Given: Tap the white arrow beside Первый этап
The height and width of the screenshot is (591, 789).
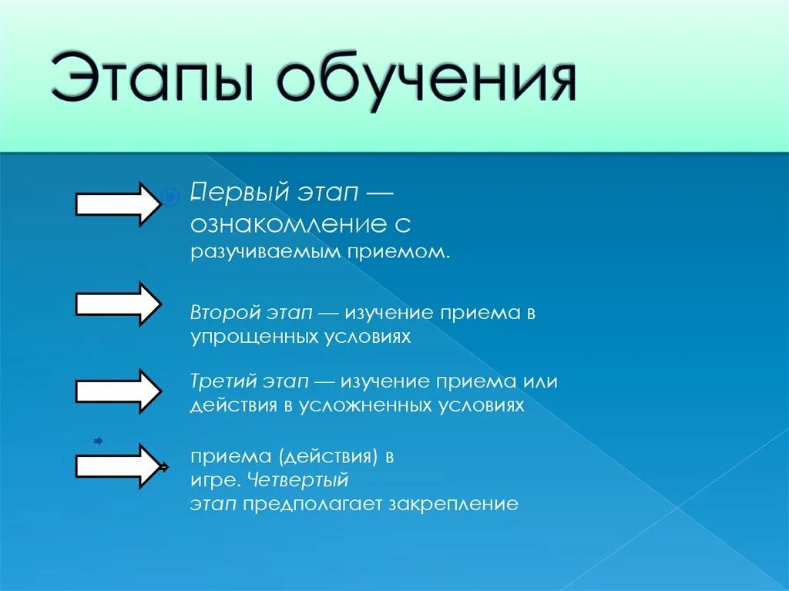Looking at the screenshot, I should point(117,203).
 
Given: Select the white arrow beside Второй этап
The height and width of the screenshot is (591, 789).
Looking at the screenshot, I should point(117,303).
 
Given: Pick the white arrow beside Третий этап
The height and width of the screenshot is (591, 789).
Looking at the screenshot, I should point(117,390).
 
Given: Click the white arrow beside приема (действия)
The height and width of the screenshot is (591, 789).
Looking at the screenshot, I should point(117,465).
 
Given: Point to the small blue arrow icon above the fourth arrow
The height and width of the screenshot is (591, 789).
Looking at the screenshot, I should point(98,441).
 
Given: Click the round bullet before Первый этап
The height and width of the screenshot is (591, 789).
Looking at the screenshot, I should point(170,198).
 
